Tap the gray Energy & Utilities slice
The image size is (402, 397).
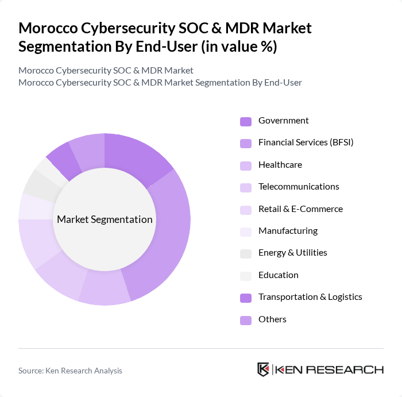(38, 182)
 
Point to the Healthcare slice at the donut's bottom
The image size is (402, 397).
(105, 291)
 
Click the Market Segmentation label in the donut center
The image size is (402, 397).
(105, 219)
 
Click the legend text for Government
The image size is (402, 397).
(283, 121)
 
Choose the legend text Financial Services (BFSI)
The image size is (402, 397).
(306, 142)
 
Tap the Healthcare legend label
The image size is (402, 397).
(280, 165)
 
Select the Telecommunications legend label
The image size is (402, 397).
(299, 187)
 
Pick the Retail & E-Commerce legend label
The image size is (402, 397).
(300, 209)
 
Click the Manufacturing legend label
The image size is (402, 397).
(288, 231)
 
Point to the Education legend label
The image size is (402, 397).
(278, 275)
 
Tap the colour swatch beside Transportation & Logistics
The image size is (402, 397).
(246, 298)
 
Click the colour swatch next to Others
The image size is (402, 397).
(246, 320)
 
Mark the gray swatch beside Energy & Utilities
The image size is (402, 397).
(246, 253)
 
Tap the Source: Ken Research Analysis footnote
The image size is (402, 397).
(70, 371)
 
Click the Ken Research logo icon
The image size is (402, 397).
(263, 369)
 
